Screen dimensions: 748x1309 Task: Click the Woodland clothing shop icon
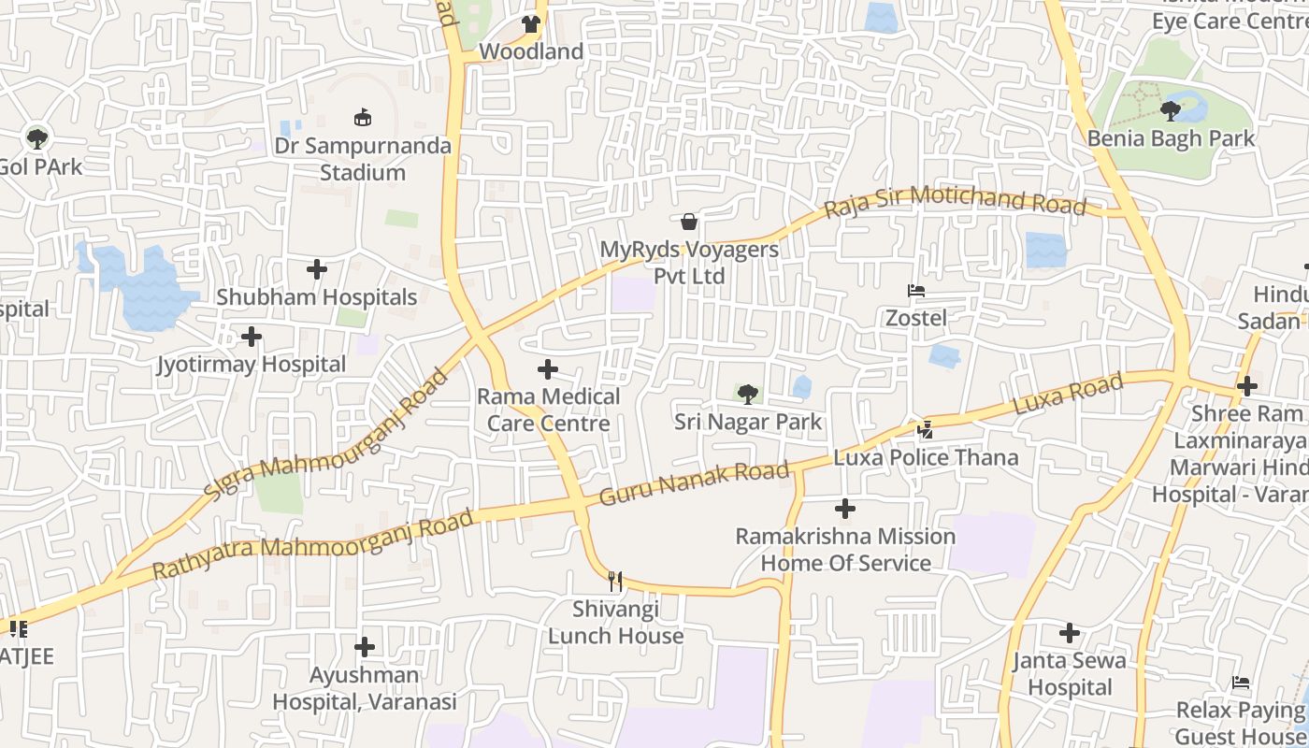pyautogui.click(x=531, y=24)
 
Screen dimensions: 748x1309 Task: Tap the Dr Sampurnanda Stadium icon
pyautogui.click(x=362, y=118)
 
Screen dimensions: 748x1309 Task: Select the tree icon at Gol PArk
pyautogui.click(x=37, y=139)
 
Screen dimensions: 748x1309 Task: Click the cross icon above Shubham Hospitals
pyautogui.click(x=317, y=270)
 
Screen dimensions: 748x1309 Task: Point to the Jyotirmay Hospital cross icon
pyautogui.click(x=252, y=337)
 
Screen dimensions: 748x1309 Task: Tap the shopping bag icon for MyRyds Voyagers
pyautogui.click(x=689, y=222)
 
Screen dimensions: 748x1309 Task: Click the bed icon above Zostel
pyautogui.click(x=916, y=291)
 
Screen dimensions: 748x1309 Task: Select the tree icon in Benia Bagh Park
pyautogui.click(x=1170, y=112)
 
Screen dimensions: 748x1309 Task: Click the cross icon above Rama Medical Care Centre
pyautogui.click(x=548, y=369)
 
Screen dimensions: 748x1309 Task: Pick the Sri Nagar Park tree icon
pyautogui.click(x=748, y=395)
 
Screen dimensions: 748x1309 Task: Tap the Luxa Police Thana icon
pyautogui.click(x=925, y=430)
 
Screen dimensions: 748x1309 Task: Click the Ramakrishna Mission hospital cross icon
pyautogui.click(x=845, y=510)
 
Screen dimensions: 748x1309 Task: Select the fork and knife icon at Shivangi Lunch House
pyautogui.click(x=615, y=582)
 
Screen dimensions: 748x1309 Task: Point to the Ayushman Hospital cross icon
pyautogui.click(x=365, y=647)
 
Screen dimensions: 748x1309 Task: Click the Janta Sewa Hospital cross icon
pyautogui.click(x=1070, y=634)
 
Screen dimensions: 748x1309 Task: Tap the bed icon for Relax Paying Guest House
pyautogui.click(x=1241, y=683)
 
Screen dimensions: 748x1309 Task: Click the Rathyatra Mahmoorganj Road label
pyautogui.click(x=312, y=544)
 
